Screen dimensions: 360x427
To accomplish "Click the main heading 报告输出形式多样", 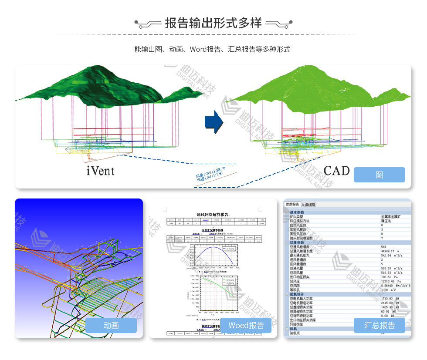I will pyautogui.click(x=213, y=23).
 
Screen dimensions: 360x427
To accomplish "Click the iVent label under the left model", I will pyautogui.click(x=101, y=171).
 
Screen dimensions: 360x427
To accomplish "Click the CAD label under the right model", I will pyautogui.click(x=336, y=171).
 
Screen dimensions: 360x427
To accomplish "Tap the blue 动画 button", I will pyautogui.click(x=111, y=325).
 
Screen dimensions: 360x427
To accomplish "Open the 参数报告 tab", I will pyautogui.click(x=292, y=204).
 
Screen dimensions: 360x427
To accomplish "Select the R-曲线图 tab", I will pyautogui.click(x=308, y=204).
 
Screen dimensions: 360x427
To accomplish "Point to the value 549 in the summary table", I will pyautogui.click(x=383, y=247).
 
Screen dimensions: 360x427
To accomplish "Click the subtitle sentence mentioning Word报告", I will pyautogui.click(x=213, y=49).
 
